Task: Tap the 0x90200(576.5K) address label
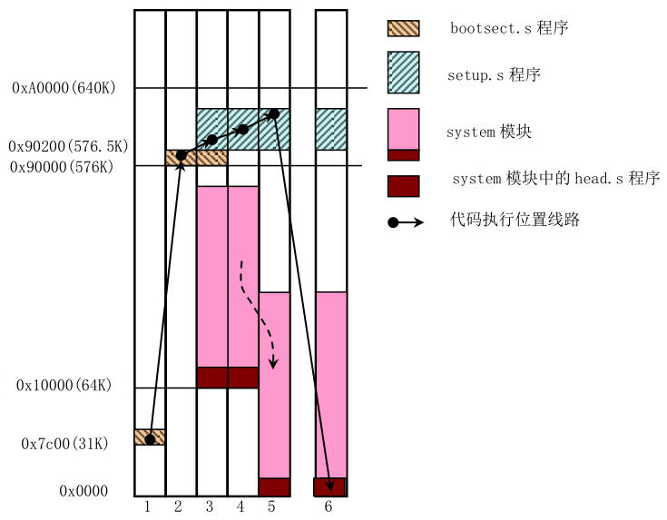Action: (x=68, y=146)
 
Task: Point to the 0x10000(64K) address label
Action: (x=64, y=386)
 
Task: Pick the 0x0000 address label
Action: (x=83, y=491)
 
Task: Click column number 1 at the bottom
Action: (x=148, y=505)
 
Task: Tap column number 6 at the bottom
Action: (x=329, y=505)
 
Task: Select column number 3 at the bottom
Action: (x=210, y=505)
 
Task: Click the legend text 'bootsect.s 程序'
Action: (x=509, y=28)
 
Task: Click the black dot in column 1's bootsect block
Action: (x=150, y=439)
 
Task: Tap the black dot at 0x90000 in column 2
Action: (x=181, y=156)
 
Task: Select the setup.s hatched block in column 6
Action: (x=330, y=129)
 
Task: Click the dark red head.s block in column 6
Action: (x=330, y=487)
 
